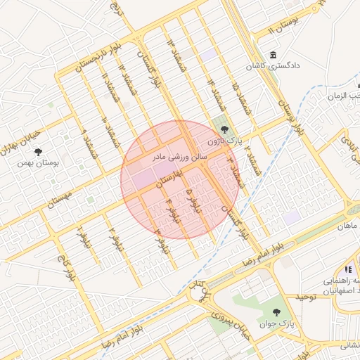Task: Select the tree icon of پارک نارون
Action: [224, 129]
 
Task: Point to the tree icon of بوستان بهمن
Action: [38, 151]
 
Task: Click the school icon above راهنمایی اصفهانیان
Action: [347, 269]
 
